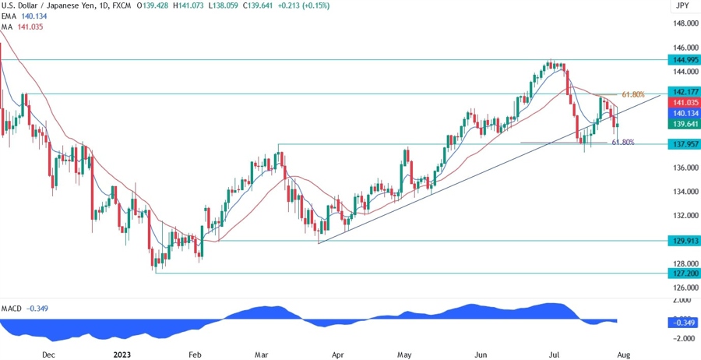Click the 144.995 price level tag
pyautogui.click(x=683, y=59)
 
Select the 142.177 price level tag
pyautogui.click(x=683, y=92)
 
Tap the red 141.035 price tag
pyautogui.click(x=683, y=103)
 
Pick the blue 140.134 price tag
pyautogui.click(x=683, y=113)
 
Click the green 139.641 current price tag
pyautogui.click(x=683, y=123)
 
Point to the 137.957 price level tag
pyautogui.click(x=683, y=144)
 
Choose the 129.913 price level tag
pyautogui.click(x=683, y=242)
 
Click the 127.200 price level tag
pyautogui.click(x=683, y=274)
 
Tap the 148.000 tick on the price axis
pyautogui.click(x=683, y=24)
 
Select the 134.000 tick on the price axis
pyautogui.click(x=683, y=192)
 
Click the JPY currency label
pyautogui.click(x=683, y=5)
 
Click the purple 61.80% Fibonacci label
pyautogui.click(x=622, y=143)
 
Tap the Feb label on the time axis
pyautogui.click(x=195, y=354)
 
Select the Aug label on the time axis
pyautogui.click(x=623, y=354)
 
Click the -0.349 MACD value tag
pyautogui.click(x=683, y=322)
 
